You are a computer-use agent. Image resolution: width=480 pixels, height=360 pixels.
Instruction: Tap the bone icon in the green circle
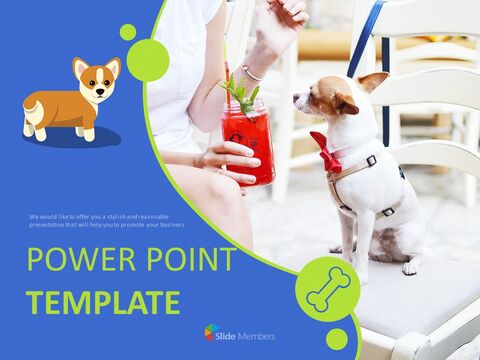tap(327, 289)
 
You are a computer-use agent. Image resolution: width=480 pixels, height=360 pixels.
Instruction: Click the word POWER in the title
tap(76, 260)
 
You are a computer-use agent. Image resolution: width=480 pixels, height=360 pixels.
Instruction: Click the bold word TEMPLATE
tap(103, 302)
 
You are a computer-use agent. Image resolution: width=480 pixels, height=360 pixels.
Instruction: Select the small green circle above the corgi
tap(127, 32)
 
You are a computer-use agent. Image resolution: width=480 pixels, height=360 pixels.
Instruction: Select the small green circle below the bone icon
tap(337, 339)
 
